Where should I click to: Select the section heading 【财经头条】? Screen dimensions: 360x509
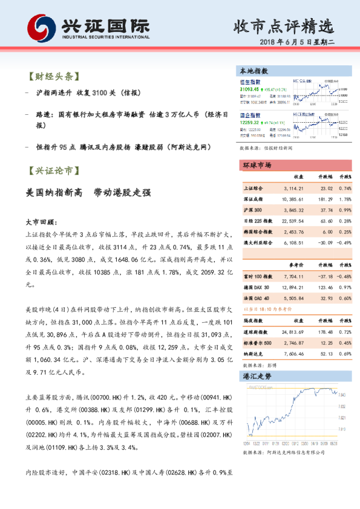[x=52, y=77]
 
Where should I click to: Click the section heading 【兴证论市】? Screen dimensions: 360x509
[x=52, y=171]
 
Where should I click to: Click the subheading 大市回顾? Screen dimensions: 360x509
[x=41, y=222]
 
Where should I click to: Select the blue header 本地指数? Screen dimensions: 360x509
[x=254, y=71]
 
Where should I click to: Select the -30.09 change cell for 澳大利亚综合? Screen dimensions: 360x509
[x=324, y=242]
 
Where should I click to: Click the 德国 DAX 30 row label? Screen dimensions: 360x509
[x=256, y=287]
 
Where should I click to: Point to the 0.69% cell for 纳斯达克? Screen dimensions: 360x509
[x=345, y=353]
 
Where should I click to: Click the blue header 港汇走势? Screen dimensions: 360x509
[x=254, y=375]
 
